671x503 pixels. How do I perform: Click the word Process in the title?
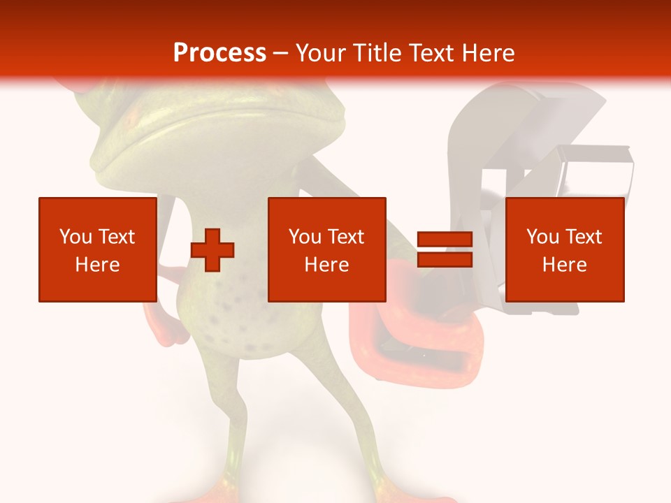219,52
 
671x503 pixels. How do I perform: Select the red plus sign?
212,249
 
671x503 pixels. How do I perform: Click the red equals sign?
445,249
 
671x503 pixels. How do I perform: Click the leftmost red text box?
97,249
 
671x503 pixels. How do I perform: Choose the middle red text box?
326,249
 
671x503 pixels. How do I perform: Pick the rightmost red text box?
564,249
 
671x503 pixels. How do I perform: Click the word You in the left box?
75,236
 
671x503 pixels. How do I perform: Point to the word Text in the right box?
583,236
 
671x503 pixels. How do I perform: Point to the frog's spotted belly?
231,321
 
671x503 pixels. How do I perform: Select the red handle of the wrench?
419,349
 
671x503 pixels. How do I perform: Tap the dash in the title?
280,52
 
